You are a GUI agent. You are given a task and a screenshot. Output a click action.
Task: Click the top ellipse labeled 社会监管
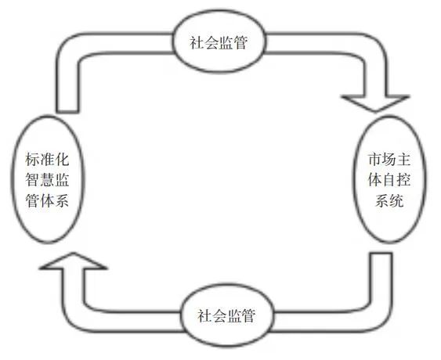pyautogui.click(x=219, y=41)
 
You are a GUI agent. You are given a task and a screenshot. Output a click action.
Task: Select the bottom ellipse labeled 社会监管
pyautogui.click(x=226, y=315)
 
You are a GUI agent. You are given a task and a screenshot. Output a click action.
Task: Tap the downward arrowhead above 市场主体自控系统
pyautogui.click(x=375, y=104)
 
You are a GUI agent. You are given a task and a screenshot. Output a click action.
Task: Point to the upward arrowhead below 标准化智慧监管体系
pyautogui.click(x=73, y=261)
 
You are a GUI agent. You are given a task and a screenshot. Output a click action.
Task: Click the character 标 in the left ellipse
pyautogui.click(x=32, y=160)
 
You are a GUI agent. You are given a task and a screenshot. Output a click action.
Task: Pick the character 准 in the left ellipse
pyautogui.click(x=47, y=160)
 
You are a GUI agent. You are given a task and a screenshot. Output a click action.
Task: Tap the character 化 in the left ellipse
pyautogui.click(x=62, y=160)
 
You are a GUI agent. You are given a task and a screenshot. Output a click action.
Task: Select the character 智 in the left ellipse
pyautogui.click(x=32, y=179)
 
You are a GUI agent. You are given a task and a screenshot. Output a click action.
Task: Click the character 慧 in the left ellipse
pyautogui.click(x=47, y=179)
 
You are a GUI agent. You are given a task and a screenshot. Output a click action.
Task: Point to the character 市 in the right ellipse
pyautogui.click(x=375, y=160)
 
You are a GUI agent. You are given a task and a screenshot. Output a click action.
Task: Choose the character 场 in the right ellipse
pyautogui.click(x=389, y=160)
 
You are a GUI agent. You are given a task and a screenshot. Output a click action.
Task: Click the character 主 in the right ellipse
pyautogui.click(x=404, y=160)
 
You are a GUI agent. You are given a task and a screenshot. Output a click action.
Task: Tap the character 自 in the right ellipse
pyautogui.click(x=389, y=179)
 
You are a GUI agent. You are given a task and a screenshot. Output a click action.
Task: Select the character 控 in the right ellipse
pyautogui.click(x=404, y=179)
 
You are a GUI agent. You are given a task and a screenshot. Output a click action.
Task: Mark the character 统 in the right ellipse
pyautogui.click(x=396, y=200)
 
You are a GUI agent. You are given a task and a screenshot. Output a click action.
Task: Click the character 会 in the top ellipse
pyautogui.click(x=211, y=43)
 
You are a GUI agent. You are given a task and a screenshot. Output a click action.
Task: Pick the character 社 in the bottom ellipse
pyautogui.click(x=204, y=315)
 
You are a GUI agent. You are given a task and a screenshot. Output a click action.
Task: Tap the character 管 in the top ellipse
pyautogui.click(x=240, y=43)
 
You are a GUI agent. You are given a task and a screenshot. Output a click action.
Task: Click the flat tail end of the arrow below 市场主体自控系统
pyautogui.click(x=381, y=254)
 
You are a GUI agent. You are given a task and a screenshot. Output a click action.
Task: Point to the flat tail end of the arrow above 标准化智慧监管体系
pyautogui.click(x=67, y=112)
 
